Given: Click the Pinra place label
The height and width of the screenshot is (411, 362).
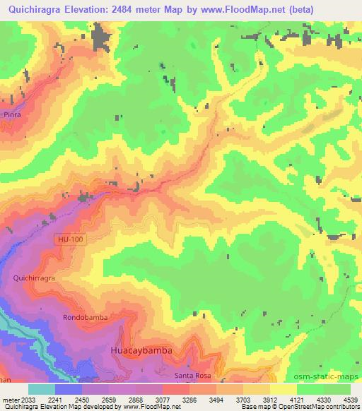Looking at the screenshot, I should (13, 114).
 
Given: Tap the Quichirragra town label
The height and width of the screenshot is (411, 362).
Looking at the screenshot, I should (34, 279).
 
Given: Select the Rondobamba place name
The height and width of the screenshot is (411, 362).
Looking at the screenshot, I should (85, 318).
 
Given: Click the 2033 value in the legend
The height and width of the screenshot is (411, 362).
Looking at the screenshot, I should (28, 398).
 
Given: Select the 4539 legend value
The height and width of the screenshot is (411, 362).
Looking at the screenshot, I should (350, 398).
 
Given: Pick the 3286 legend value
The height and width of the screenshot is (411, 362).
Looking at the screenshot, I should (189, 398).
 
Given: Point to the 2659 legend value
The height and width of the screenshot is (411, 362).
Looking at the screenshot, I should (108, 398).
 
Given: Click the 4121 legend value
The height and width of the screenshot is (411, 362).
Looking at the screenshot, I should (296, 398).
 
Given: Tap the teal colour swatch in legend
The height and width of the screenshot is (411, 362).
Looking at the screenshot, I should (41, 388).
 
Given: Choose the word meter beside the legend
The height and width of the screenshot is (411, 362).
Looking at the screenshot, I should (10, 398).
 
